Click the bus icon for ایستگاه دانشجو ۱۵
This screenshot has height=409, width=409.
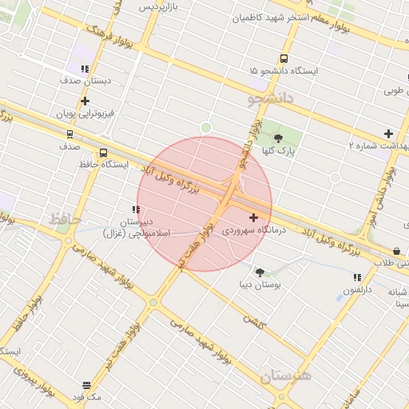coord(284,58)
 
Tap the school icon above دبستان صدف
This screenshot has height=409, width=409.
coord(85,69)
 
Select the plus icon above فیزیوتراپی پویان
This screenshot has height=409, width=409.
coord(85,101)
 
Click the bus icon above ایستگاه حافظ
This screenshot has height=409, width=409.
coord(103,153)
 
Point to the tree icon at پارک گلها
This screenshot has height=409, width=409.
coord(278,138)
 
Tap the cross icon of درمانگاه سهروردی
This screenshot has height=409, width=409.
coord(253,217)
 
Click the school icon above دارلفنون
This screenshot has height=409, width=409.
coord(357,277)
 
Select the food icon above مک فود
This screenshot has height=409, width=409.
coord(86,386)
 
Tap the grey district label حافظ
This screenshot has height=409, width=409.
coord(62,217)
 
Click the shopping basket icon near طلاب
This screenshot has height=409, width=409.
coord(397,251)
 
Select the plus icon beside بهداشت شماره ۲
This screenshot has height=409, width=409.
coord(388,133)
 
